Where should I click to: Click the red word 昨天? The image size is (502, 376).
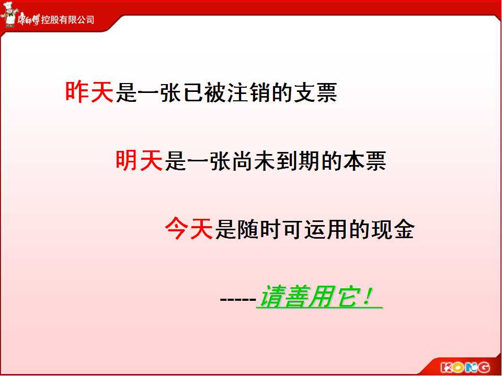[x=89, y=92]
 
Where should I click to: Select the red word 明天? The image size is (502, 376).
[x=139, y=160]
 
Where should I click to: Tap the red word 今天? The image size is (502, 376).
[x=189, y=228]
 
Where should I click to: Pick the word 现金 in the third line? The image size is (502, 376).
[x=393, y=229]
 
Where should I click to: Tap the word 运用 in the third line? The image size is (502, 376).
[x=326, y=229]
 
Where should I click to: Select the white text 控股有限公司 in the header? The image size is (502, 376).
[x=67, y=20]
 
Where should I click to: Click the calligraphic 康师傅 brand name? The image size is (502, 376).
[x=28, y=19]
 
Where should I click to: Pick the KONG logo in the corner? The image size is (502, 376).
[x=465, y=367]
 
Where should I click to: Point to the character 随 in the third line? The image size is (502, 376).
[x=248, y=229]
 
